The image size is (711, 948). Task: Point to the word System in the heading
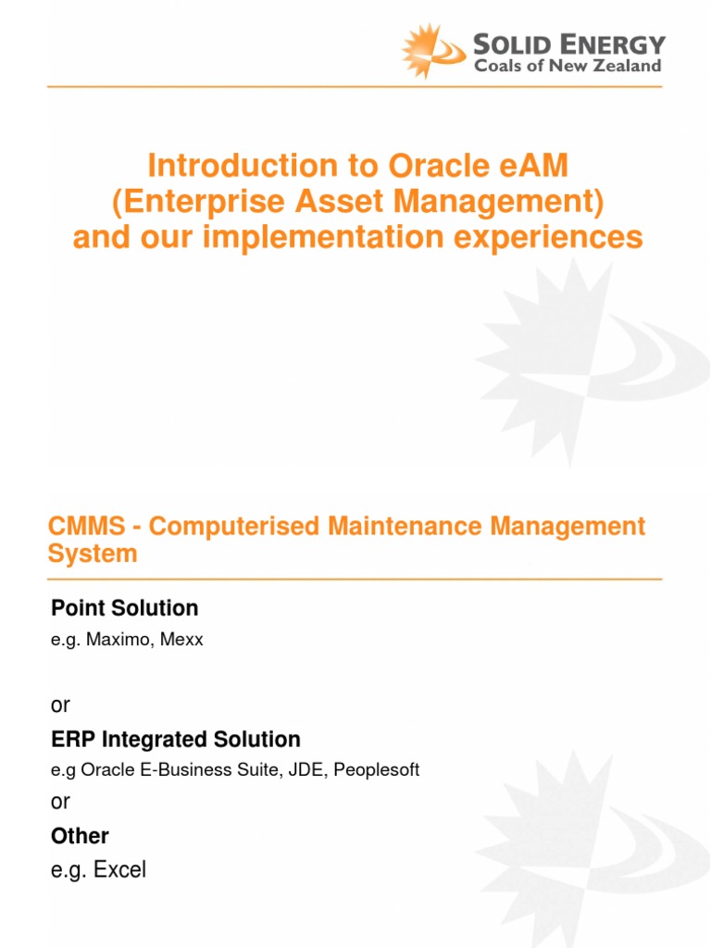[x=93, y=554]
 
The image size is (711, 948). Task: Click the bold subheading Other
[x=80, y=836]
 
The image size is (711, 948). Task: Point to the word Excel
[x=118, y=870]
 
